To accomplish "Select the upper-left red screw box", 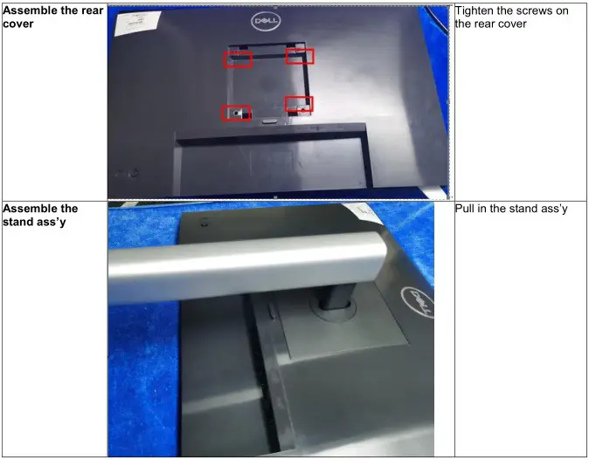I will point(238,59).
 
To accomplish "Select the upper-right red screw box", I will point(300,56).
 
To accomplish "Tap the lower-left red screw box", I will point(236,113).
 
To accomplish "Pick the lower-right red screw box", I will point(299,105).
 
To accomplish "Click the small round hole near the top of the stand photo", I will point(204,223).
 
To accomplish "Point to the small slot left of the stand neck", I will point(267,310).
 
